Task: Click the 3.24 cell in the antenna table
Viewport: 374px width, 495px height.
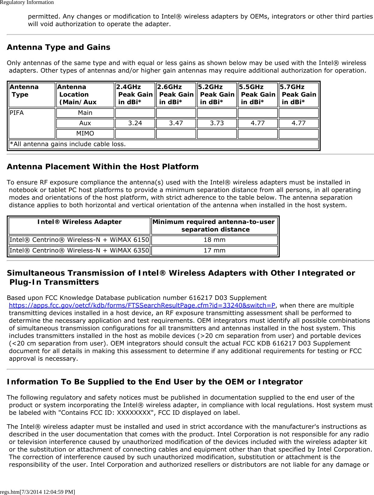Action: pyautogui.click(x=135, y=123)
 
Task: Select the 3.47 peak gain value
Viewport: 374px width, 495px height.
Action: pyautogui.click(x=176, y=123)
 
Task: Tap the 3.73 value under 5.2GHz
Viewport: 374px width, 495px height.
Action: pyautogui.click(x=217, y=123)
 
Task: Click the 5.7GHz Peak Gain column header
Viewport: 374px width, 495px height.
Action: pyautogui.click(x=298, y=95)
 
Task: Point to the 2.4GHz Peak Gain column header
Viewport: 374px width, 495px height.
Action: pyautogui.click(x=135, y=95)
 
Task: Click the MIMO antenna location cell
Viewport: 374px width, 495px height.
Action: pyautogui.click(x=85, y=133)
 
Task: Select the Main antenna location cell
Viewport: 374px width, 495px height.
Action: pyautogui.click(x=85, y=113)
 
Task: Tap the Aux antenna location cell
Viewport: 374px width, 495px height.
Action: pyautogui.click(x=85, y=123)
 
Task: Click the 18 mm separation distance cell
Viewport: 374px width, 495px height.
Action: pyautogui.click(x=215, y=240)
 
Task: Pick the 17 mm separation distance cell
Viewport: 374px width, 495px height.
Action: pyautogui.click(x=215, y=250)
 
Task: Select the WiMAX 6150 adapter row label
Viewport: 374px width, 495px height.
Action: pyautogui.click(x=79, y=240)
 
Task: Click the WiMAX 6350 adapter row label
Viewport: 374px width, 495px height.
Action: pyautogui.click(x=79, y=250)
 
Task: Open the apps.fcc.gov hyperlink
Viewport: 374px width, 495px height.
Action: pyautogui.click(x=142, y=305)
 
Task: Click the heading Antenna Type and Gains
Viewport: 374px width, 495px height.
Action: pyautogui.click(x=59, y=47)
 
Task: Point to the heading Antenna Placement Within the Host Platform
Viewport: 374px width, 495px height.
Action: pyautogui.click(x=103, y=167)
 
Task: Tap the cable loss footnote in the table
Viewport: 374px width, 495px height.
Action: pyautogui.click(x=68, y=144)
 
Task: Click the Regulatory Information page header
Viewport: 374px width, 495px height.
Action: pyautogui.click(x=27, y=2)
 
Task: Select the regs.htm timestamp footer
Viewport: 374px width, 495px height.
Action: pyautogui.click(x=37, y=492)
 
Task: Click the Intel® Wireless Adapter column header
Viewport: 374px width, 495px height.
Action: pyautogui.click(x=79, y=222)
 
